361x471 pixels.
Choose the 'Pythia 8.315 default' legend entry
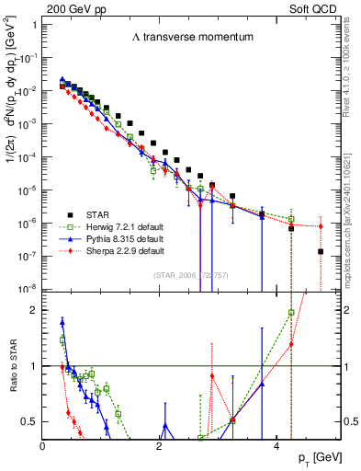[124, 240]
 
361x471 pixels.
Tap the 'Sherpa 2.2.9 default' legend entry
[124, 251]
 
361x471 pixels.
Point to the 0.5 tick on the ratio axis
[31, 421]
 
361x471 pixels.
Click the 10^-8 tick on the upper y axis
[28, 289]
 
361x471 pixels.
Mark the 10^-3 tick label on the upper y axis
[28, 124]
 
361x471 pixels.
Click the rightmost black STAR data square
[320, 251]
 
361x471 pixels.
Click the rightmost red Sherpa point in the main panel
[320, 225]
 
